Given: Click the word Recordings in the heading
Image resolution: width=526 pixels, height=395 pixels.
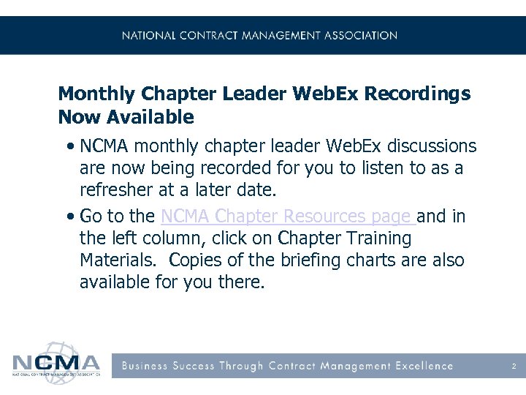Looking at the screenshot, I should [417, 94].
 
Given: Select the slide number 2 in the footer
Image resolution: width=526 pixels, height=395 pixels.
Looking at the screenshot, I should [514, 366].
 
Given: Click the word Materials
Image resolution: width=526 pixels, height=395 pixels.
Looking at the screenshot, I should [115, 260].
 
